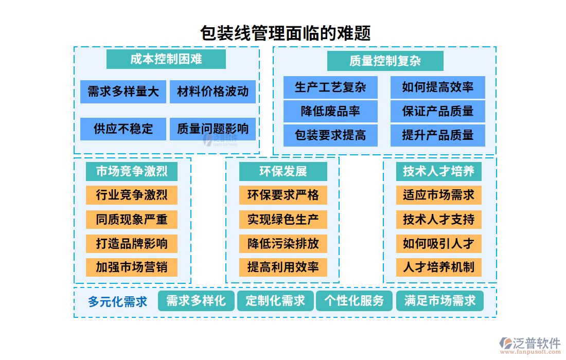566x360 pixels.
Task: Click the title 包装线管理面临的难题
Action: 285,33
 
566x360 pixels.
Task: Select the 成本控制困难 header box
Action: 166,59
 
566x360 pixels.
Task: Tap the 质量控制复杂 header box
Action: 385,61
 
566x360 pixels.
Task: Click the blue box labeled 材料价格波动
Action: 213,92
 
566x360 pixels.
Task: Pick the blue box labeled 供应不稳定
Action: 123,129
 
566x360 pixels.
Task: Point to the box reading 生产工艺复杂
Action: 330,87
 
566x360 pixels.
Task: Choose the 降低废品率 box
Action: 330,111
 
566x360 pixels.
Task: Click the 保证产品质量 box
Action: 437,111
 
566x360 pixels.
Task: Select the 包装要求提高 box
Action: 330,135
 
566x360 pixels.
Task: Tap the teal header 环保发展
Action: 283,171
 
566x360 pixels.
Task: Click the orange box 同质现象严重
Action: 131,220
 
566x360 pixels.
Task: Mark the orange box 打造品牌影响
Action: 131,243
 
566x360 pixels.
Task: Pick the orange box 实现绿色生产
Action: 283,220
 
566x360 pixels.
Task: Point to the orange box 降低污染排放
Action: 283,243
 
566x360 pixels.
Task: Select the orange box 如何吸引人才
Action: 438,243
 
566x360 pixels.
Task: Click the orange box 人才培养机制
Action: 438,267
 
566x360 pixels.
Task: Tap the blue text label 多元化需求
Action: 117,301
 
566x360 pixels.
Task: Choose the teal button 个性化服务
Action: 354,301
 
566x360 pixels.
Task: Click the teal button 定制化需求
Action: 275,301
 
